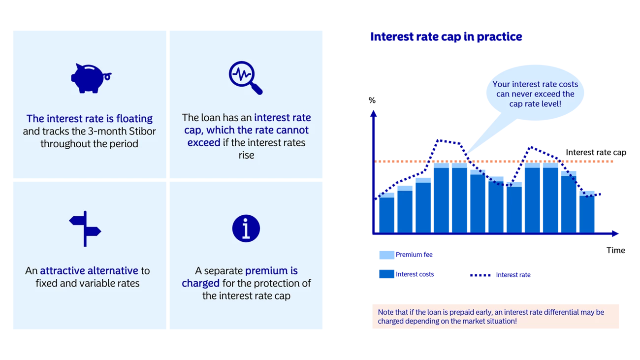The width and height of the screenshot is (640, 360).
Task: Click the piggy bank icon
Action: click(x=91, y=78)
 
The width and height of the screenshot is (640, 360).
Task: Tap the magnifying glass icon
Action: click(x=246, y=77)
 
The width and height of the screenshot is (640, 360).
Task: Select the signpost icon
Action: click(x=85, y=229)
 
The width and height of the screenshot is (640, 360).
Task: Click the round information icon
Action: click(x=246, y=229)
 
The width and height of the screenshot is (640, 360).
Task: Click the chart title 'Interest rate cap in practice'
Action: click(x=446, y=36)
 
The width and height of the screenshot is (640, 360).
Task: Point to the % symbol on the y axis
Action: click(x=372, y=100)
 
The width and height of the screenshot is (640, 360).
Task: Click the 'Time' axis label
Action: click(x=616, y=250)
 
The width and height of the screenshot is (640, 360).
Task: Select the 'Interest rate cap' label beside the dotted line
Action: click(x=596, y=152)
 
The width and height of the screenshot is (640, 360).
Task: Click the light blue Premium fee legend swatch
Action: click(x=386, y=255)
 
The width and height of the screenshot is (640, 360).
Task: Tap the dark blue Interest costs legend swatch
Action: click(x=386, y=274)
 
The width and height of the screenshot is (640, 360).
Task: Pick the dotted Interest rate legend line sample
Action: click(x=480, y=275)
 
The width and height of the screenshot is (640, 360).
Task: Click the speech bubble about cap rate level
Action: click(x=535, y=94)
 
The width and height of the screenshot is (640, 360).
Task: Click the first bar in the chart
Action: click(x=386, y=213)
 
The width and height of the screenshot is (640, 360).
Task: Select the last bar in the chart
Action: click(x=587, y=212)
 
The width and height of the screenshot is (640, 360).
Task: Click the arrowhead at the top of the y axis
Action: click(x=374, y=113)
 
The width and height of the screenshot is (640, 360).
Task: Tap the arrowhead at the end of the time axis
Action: click(x=615, y=233)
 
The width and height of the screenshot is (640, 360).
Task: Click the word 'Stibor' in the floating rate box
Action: click(x=142, y=131)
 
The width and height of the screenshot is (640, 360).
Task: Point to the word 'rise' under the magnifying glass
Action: click(x=246, y=155)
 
